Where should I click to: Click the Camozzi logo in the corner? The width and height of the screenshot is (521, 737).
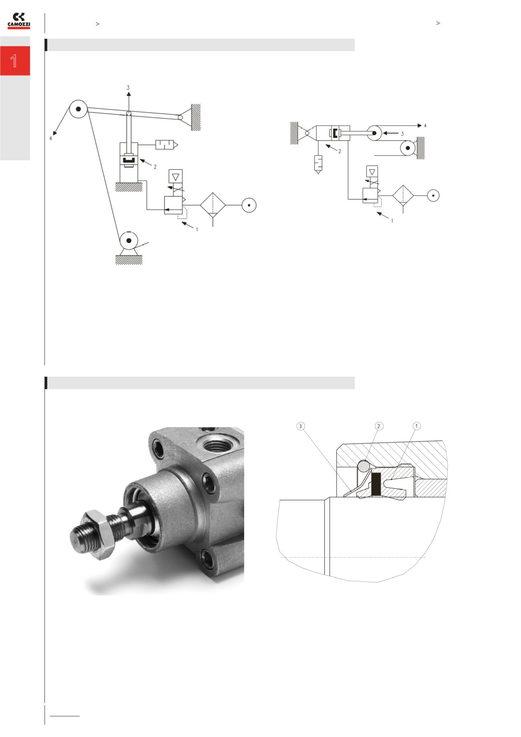pos(19,21)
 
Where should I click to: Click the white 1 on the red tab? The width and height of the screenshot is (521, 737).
pos(14,61)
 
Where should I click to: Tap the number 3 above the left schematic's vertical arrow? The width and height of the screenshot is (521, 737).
pos(128,87)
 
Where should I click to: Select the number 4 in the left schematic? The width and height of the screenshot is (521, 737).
pos(50,139)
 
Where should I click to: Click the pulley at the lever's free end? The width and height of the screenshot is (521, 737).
pos(79,109)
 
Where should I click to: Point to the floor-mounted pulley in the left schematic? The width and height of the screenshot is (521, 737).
pos(129,241)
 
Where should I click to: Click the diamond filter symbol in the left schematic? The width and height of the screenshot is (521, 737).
pos(212,205)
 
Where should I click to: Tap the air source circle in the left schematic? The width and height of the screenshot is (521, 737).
pos(249,205)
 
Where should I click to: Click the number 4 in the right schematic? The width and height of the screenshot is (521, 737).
pos(425,125)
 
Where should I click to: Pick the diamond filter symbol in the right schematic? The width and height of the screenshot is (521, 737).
pos(403,196)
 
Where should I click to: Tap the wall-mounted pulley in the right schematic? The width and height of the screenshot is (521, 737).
pos(408,148)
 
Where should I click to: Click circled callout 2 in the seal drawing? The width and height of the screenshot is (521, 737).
pos(378,426)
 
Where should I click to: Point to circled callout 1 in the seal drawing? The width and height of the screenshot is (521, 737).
pos(416,426)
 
